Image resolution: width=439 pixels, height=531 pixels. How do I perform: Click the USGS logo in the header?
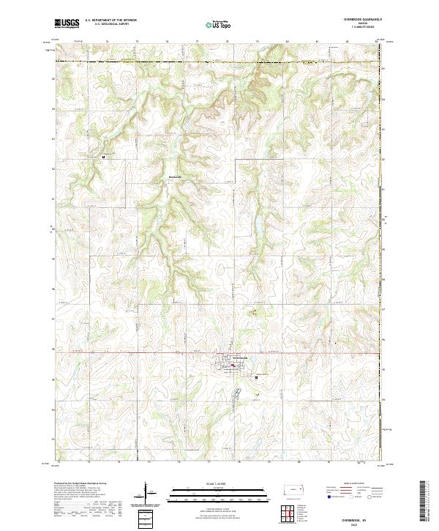67,23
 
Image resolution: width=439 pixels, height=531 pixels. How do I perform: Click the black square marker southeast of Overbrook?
256,377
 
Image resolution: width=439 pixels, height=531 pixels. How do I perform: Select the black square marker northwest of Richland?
103,156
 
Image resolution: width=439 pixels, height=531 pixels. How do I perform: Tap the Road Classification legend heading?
348,483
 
